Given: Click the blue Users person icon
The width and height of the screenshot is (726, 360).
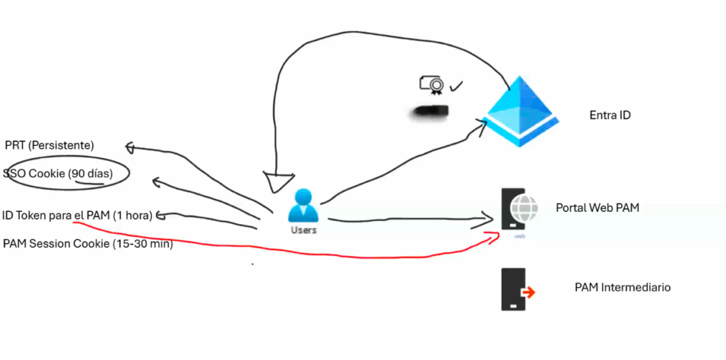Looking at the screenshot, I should (303, 206).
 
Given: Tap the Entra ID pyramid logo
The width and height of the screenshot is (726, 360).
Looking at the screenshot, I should (522, 111).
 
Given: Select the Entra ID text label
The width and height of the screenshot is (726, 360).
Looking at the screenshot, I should (610, 115).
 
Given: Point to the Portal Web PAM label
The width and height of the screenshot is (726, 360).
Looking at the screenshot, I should (598, 208).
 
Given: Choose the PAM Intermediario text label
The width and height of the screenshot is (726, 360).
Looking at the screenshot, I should (622, 287).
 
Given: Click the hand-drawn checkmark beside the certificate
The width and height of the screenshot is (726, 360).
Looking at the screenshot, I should (456, 86).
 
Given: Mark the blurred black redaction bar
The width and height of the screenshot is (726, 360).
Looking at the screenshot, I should (429, 111).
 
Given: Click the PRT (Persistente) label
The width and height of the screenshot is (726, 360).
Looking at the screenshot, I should (49, 145).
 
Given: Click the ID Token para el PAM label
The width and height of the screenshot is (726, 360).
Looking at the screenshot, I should (77, 215).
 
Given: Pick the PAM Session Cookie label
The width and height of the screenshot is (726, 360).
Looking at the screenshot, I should (88, 244).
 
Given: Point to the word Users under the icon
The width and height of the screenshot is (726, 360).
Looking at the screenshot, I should (303, 230).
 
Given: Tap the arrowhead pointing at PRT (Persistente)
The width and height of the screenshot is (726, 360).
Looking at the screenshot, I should (130, 147).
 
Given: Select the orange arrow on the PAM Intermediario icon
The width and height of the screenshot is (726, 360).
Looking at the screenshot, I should (527, 293).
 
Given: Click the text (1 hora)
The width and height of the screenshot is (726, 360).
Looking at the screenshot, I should (132, 215).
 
